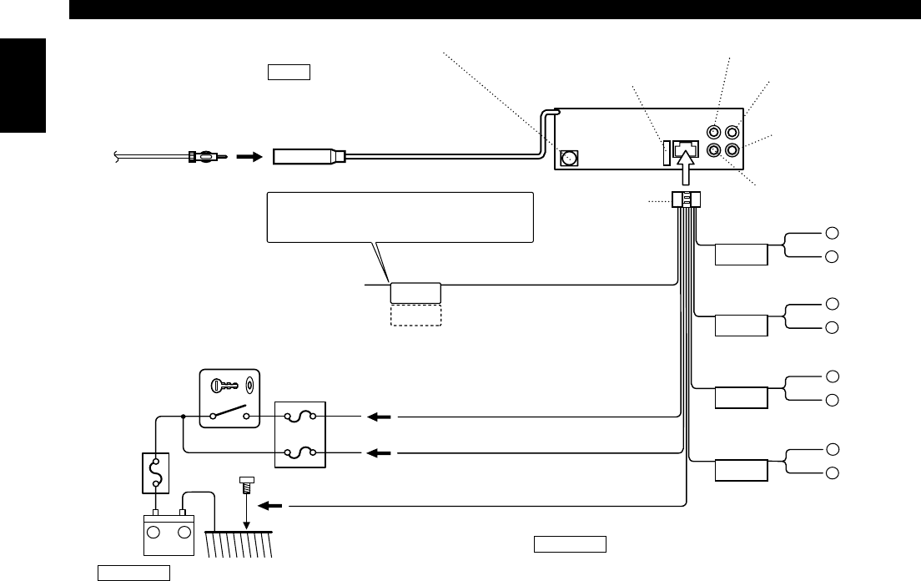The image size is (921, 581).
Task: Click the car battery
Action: coord(170,534)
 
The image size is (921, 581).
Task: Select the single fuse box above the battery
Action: coord(154,473)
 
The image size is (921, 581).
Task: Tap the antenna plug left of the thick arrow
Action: coord(204,155)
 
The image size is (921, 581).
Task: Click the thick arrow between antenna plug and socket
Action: coord(248,155)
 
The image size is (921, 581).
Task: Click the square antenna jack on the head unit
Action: coord(571,157)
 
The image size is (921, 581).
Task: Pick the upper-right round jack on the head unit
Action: coord(732,132)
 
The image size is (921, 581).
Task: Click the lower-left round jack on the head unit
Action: coord(714,151)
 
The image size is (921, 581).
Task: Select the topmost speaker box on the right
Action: coord(742,254)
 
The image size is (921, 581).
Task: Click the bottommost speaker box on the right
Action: coord(742,471)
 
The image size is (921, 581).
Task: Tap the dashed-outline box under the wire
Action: coord(415,315)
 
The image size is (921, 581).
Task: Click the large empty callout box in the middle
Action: coord(400,217)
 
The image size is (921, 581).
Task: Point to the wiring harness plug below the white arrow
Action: coord(686,200)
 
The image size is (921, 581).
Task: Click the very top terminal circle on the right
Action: coord(831,233)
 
